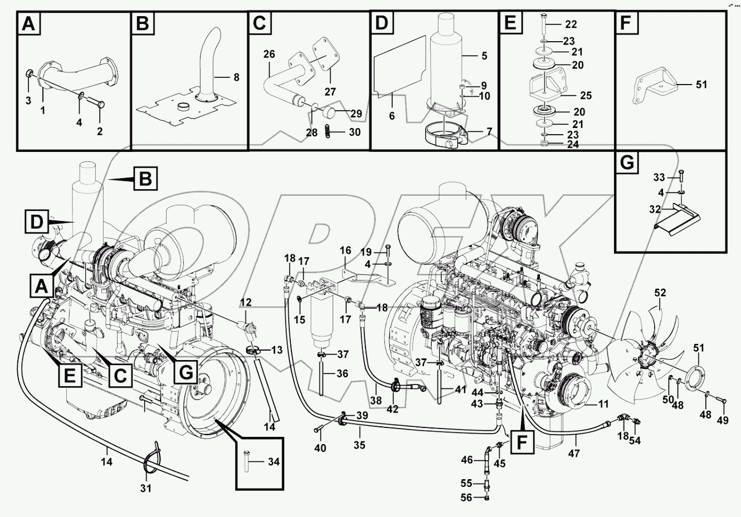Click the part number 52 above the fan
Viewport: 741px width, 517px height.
[660, 292]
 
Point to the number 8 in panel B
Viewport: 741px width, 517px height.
[236, 78]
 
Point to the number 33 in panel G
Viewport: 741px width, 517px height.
[659, 178]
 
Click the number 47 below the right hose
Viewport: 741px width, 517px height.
[574, 454]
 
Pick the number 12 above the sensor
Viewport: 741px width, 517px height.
[246, 302]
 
